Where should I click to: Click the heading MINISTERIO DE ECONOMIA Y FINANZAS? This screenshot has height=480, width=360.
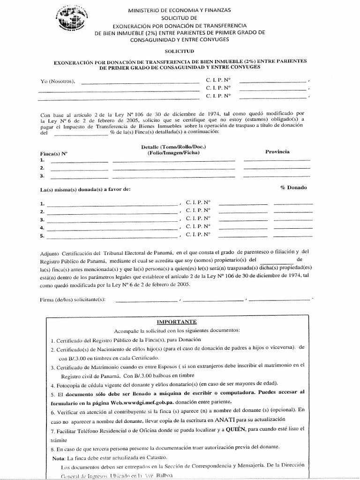tap(179, 10)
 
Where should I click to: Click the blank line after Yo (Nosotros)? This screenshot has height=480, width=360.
tap(140, 82)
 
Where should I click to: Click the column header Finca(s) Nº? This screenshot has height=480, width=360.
tap(54, 153)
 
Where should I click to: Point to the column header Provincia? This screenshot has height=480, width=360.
tap(277, 151)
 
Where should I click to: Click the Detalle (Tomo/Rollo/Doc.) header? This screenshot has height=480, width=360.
tap(173, 147)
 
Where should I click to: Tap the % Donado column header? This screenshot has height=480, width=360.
tap(293, 187)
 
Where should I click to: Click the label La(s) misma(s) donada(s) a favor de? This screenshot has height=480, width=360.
tap(85, 189)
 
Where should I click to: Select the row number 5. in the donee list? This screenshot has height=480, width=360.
tap(43, 236)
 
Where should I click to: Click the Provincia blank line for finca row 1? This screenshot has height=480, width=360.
tap(277, 160)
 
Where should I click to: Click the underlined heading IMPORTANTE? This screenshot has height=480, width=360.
tap(177, 322)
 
